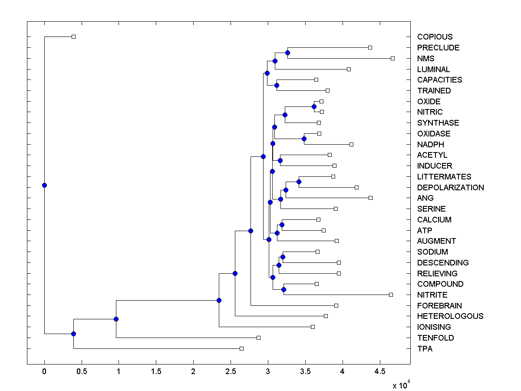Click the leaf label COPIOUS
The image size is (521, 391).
pos(435,37)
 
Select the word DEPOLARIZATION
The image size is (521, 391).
pos(450,188)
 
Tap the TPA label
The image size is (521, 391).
pos(425,349)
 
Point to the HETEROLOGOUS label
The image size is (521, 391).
pos(450,316)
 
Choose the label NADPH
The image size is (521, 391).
pos(430,145)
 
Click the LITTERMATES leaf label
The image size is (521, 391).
pos(444,177)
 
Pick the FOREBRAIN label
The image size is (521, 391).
pos(439,306)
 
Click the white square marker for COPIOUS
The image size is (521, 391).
pos(73,36)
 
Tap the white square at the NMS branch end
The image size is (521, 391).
pos(392,58)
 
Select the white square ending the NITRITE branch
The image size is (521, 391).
pos(391,295)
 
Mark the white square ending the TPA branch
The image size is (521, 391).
pos(241,348)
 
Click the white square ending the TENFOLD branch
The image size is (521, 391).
pos(258,338)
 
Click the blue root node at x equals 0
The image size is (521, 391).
pos(44,185)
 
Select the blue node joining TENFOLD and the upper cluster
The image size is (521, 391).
pos(116,319)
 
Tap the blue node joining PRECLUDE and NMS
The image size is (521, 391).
pos(287,53)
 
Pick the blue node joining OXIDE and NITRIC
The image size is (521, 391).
pos(314,106)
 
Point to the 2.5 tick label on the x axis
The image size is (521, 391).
pos(231,372)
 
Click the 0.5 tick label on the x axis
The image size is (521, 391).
pos(82,372)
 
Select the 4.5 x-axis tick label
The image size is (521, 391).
pos(380,372)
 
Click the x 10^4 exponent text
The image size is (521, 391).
pos(401,385)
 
